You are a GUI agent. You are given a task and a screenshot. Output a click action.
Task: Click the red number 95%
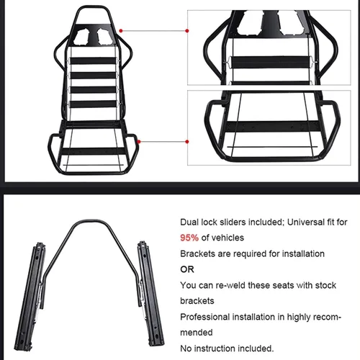click(x=189, y=238)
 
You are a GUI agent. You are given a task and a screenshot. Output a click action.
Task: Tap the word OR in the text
click(x=187, y=269)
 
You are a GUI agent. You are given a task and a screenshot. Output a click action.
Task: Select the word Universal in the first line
click(x=305, y=222)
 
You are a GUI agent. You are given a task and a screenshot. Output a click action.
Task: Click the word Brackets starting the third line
click(x=197, y=253)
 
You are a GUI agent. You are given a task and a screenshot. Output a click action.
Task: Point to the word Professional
click(x=204, y=317)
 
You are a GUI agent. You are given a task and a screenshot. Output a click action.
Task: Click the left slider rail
click(x=30, y=297)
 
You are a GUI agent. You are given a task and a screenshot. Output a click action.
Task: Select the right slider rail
click(x=150, y=293)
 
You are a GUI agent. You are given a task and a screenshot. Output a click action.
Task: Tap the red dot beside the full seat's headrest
click(x=121, y=31)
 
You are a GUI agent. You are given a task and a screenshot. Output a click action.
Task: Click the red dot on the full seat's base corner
click(x=138, y=142)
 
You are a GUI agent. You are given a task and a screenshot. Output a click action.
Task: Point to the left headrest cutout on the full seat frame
click(x=82, y=37)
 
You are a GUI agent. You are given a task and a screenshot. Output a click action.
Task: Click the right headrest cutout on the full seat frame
click(x=104, y=37)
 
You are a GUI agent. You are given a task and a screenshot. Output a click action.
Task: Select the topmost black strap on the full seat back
click(x=93, y=60)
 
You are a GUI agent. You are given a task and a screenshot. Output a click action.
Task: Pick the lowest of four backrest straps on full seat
click(x=93, y=104)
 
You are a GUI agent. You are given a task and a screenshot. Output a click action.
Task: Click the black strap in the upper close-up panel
click(x=270, y=63)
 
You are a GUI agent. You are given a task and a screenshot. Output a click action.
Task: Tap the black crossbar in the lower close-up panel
click(x=273, y=127)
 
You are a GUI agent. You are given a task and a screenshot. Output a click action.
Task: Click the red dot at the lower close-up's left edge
click(x=187, y=142)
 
